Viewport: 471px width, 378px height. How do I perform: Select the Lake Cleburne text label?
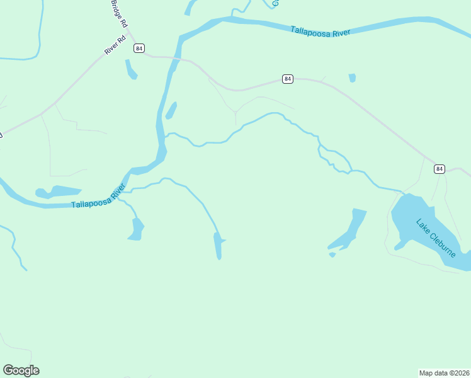coord(436,238)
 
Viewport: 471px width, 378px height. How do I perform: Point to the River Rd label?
coord(116,46)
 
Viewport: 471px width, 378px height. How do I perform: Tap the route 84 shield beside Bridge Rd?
coord(139,48)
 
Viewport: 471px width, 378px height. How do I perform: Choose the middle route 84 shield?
coord(287,79)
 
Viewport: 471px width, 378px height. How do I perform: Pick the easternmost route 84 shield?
coord(439,168)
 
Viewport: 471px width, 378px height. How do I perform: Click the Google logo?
coord(21,370)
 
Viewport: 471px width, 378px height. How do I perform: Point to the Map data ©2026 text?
coord(444,372)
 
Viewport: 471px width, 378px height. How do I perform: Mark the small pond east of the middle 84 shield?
coord(352,78)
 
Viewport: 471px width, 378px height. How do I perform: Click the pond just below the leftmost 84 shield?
coord(131,69)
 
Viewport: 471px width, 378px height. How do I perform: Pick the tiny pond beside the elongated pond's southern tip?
coord(332,255)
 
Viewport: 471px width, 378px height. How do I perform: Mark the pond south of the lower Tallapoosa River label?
coord(136,229)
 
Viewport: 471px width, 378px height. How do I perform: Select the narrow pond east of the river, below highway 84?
coord(171,111)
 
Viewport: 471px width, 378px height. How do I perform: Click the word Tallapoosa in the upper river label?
coord(311,31)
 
